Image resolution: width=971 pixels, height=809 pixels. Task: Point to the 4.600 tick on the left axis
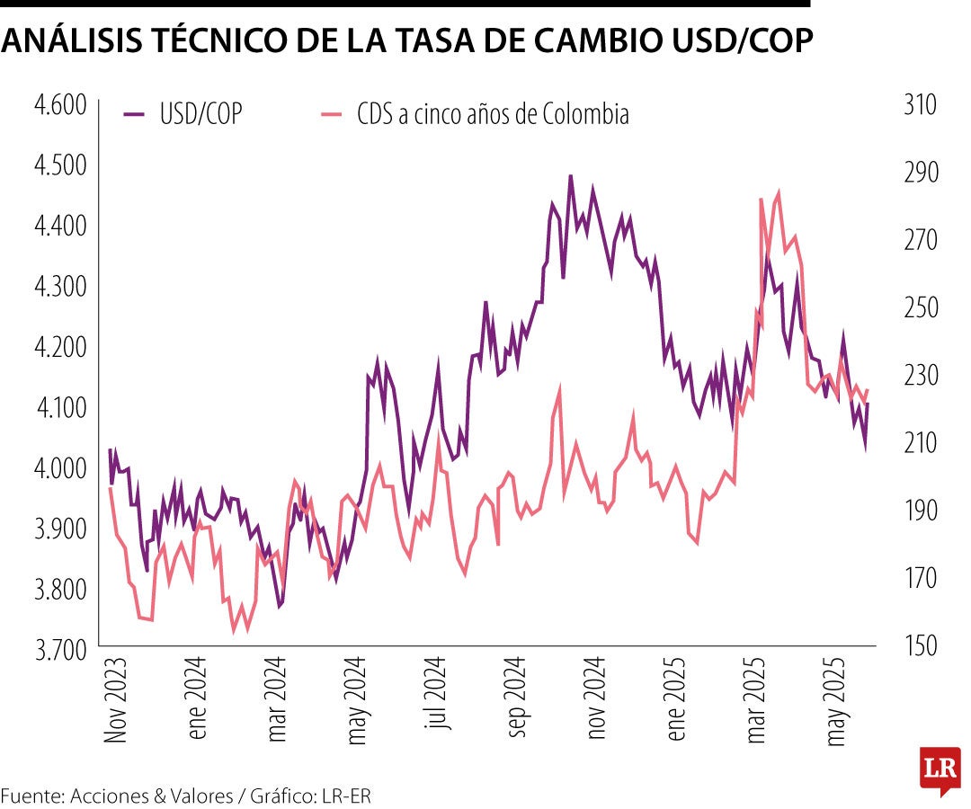59,105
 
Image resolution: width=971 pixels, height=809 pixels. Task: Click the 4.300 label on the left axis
59,286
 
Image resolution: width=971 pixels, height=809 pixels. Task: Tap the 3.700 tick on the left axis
59,647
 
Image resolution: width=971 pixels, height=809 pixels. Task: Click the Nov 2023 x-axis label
115,699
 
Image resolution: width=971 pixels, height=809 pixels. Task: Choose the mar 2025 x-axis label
757,700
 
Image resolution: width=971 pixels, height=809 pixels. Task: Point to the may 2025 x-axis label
838,700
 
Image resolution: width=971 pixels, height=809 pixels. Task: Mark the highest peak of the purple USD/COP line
570,176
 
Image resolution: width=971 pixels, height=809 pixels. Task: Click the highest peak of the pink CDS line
777,191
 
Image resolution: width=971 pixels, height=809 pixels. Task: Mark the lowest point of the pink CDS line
234,631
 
